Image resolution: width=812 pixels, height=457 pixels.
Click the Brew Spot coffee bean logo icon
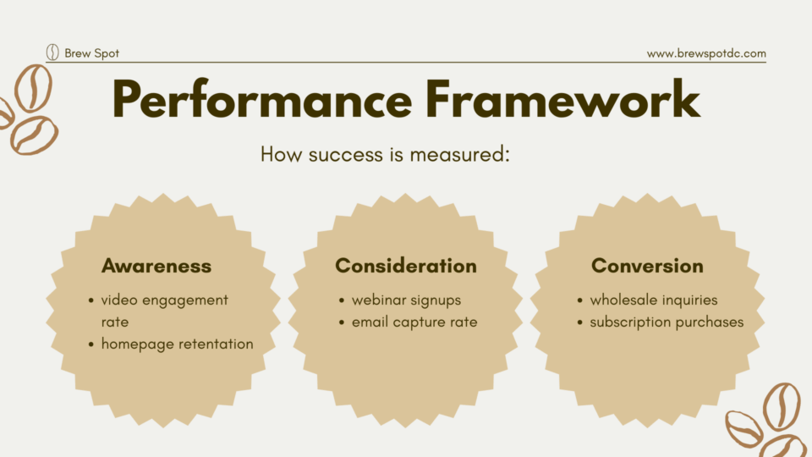(x=52, y=52)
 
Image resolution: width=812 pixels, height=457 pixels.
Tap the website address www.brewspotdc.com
(x=706, y=53)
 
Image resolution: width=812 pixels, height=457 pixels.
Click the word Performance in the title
(x=262, y=101)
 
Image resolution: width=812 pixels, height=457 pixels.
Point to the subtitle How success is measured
(x=385, y=154)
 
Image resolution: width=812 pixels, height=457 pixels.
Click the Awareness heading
(x=156, y=266)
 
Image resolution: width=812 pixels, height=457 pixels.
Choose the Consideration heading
(x=406, y=266)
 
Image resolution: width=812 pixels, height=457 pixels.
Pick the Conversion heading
(x=647, y=266)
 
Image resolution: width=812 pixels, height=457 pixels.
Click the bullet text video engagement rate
(x=165, y=311)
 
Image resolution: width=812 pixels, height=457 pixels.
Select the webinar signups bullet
(x=406, y=300)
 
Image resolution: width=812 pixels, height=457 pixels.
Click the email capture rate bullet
(x=414, y=322)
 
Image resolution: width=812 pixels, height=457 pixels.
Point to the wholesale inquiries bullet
(x=654, y=300)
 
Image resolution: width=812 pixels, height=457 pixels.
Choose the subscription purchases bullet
(x=667, y=322)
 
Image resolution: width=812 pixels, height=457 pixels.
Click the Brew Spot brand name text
(x=91, y=52)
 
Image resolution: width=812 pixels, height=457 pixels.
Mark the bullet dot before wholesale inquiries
(x=579, y=300)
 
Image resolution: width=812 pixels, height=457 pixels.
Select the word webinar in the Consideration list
(x=376, y=300)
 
